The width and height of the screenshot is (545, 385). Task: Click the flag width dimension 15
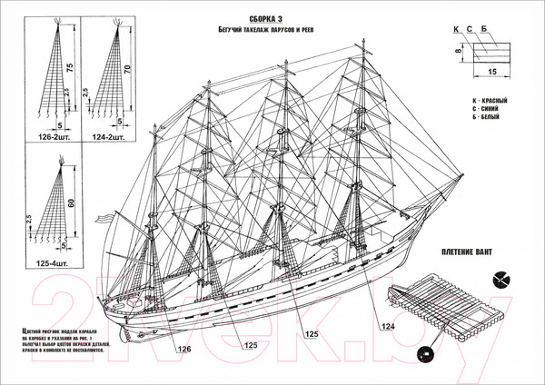tap(491, 69)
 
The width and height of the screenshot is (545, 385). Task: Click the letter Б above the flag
tap(485, 29)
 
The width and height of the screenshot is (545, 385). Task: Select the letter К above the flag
tap(458, 29)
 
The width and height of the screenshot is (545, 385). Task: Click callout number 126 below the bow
tap(183, 349)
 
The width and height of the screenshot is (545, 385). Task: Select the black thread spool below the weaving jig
tap(421, 352)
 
